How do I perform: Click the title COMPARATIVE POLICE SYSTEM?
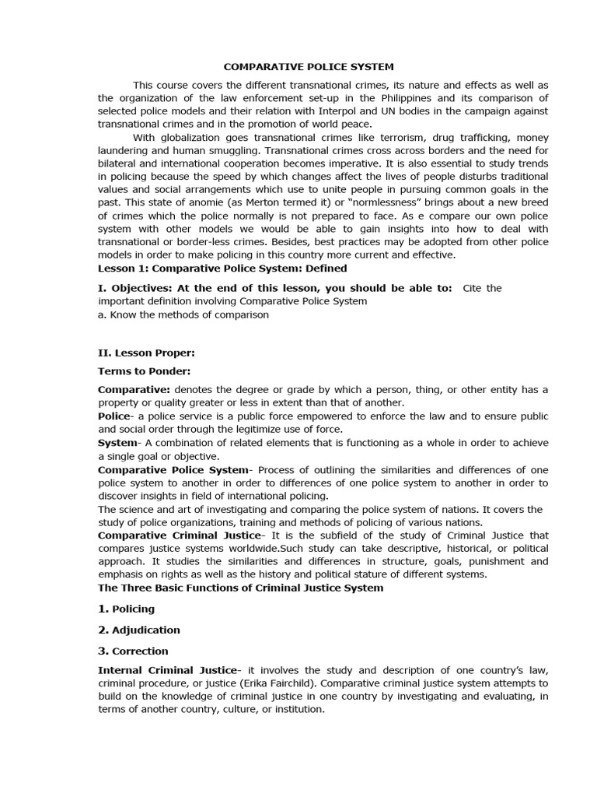(x=298, y=67)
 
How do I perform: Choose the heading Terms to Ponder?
(x=144, y=370)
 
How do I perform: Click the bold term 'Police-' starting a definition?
(x=115, y=416)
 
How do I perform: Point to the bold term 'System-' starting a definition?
(x=117, y=442)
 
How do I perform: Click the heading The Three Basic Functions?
(x=240, y=588)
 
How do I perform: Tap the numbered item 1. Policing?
(x=126, y=609)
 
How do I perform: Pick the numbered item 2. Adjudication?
(x=138, y=630)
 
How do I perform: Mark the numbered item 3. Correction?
(x=133, y=651)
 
